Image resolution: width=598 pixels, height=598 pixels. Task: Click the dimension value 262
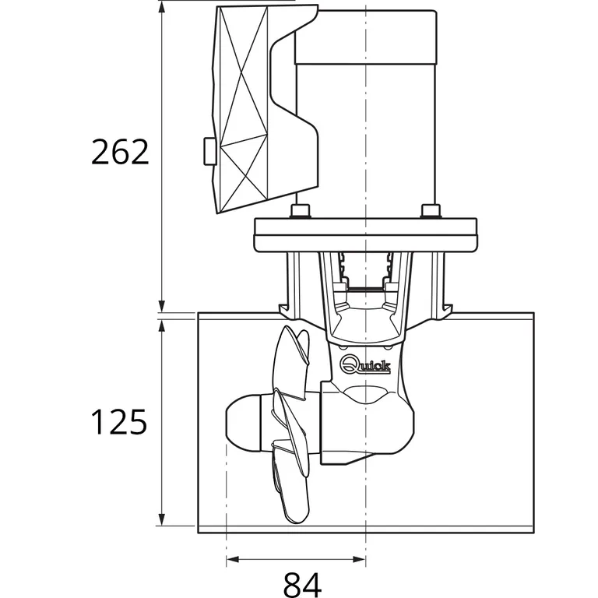pos(119,152)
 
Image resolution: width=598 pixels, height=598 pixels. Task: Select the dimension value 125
pos(119,422)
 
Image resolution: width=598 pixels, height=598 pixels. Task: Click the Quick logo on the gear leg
pos(365,364)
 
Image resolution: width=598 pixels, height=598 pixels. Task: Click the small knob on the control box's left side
pos(209,150)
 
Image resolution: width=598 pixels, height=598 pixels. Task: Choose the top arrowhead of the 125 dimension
pos(161,324)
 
